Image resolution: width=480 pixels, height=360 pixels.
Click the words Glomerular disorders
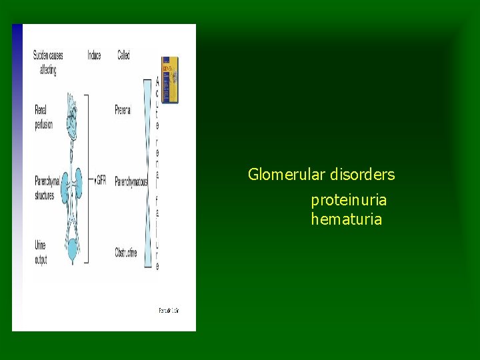point(321,175)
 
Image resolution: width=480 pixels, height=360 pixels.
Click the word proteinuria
point(348,200)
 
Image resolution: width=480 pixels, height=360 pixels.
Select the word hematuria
point(346,219)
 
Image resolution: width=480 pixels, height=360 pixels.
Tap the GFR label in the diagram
point(101,181)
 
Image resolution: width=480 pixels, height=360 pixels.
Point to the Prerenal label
point(123,109)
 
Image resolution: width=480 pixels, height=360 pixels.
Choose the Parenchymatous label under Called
point(130,181)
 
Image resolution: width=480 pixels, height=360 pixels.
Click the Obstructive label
point(126,253)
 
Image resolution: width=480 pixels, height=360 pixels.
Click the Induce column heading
point(94,55)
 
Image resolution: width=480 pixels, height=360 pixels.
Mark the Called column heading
point(123,55)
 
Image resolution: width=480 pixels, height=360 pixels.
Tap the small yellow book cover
point(170,80)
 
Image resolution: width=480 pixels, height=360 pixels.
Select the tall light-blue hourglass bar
point(147,173)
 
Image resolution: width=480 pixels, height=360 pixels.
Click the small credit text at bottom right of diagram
point(169,310)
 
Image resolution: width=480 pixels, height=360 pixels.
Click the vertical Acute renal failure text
point(157,173)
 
